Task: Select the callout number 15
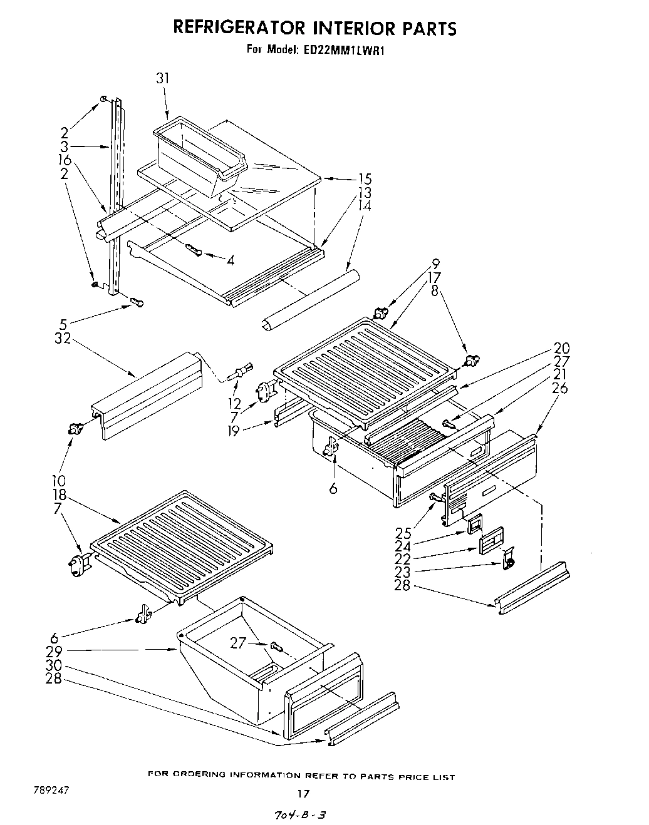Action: click(365, 180)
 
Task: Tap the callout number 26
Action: click(560, 388)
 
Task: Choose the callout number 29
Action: click(55, 651)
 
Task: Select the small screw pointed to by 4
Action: click(194, 250)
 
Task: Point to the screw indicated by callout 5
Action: click(136, 303)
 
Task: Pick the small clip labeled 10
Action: click(76, 429)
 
